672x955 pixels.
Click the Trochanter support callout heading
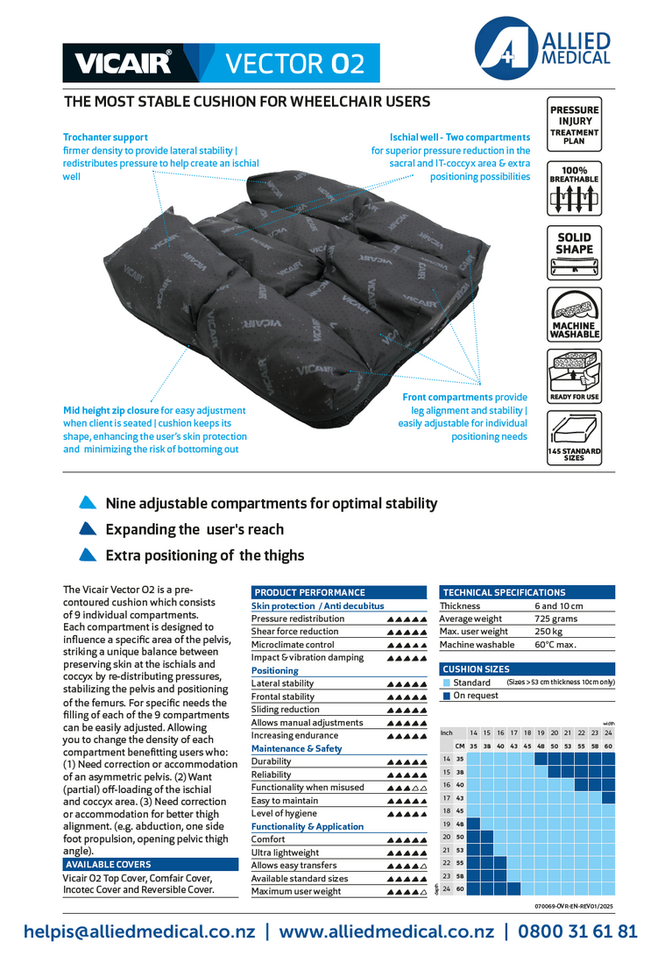pyautogui.click(x=105, y=138)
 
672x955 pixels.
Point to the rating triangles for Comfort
pyautogui.click(x=407, y=840)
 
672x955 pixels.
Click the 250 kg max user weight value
pyautogui.click(x=548, y=632)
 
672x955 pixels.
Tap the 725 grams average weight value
pyautogui.click(x=556, y=619)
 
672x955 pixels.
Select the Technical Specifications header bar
pyautogui.click(x=527, y=592)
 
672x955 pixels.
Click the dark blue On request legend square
pyautogui.click(x=446, y=696)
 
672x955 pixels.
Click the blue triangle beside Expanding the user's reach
pyautogui.click(x=87, y=529)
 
